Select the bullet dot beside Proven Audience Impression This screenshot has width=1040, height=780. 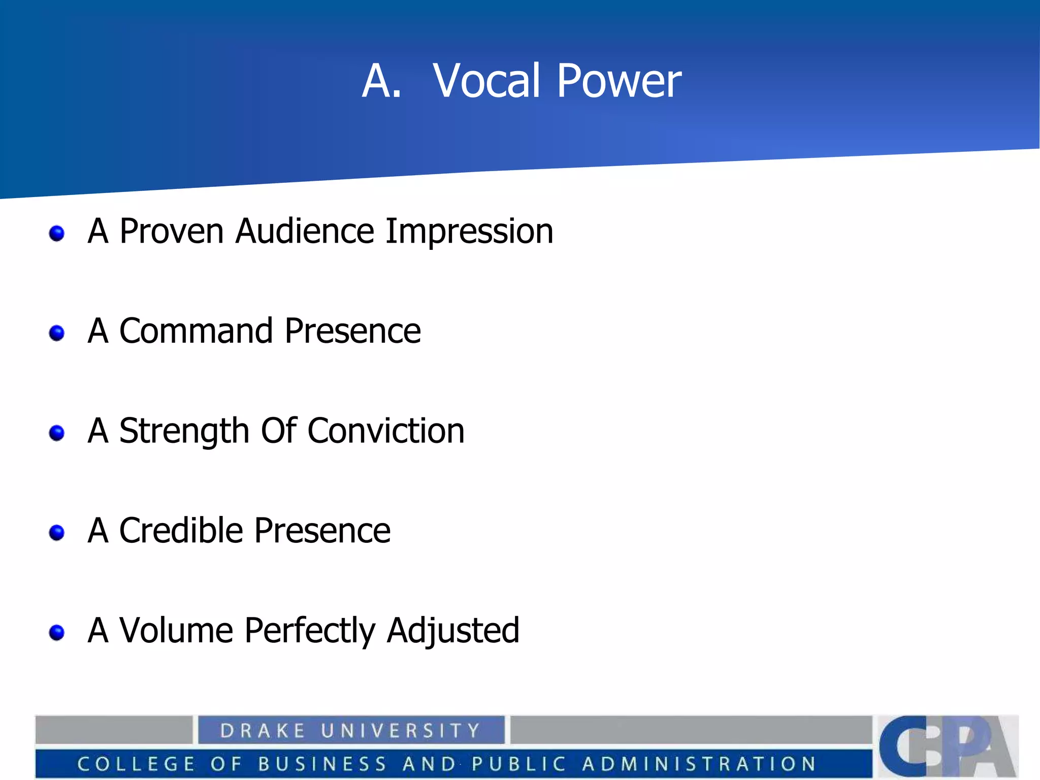click(x=57, y=234)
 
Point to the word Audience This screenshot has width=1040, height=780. click(x=305, y=232)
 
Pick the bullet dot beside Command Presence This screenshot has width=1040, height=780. click(x=57, y=333)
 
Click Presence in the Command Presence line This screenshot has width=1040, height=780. click(x=352, y=331)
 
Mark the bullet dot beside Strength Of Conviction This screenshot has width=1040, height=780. click(x=57, y=433)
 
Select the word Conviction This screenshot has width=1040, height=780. click(x=386, y=431)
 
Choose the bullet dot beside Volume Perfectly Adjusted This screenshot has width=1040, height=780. click(x=57, y=632)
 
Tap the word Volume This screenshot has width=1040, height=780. click(x=176, y=630)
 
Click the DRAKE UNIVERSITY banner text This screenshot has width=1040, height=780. click(x=350, y=730)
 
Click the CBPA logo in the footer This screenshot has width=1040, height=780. click(x=948, y=745)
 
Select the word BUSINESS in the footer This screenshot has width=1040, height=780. click(x=322, y=764)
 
